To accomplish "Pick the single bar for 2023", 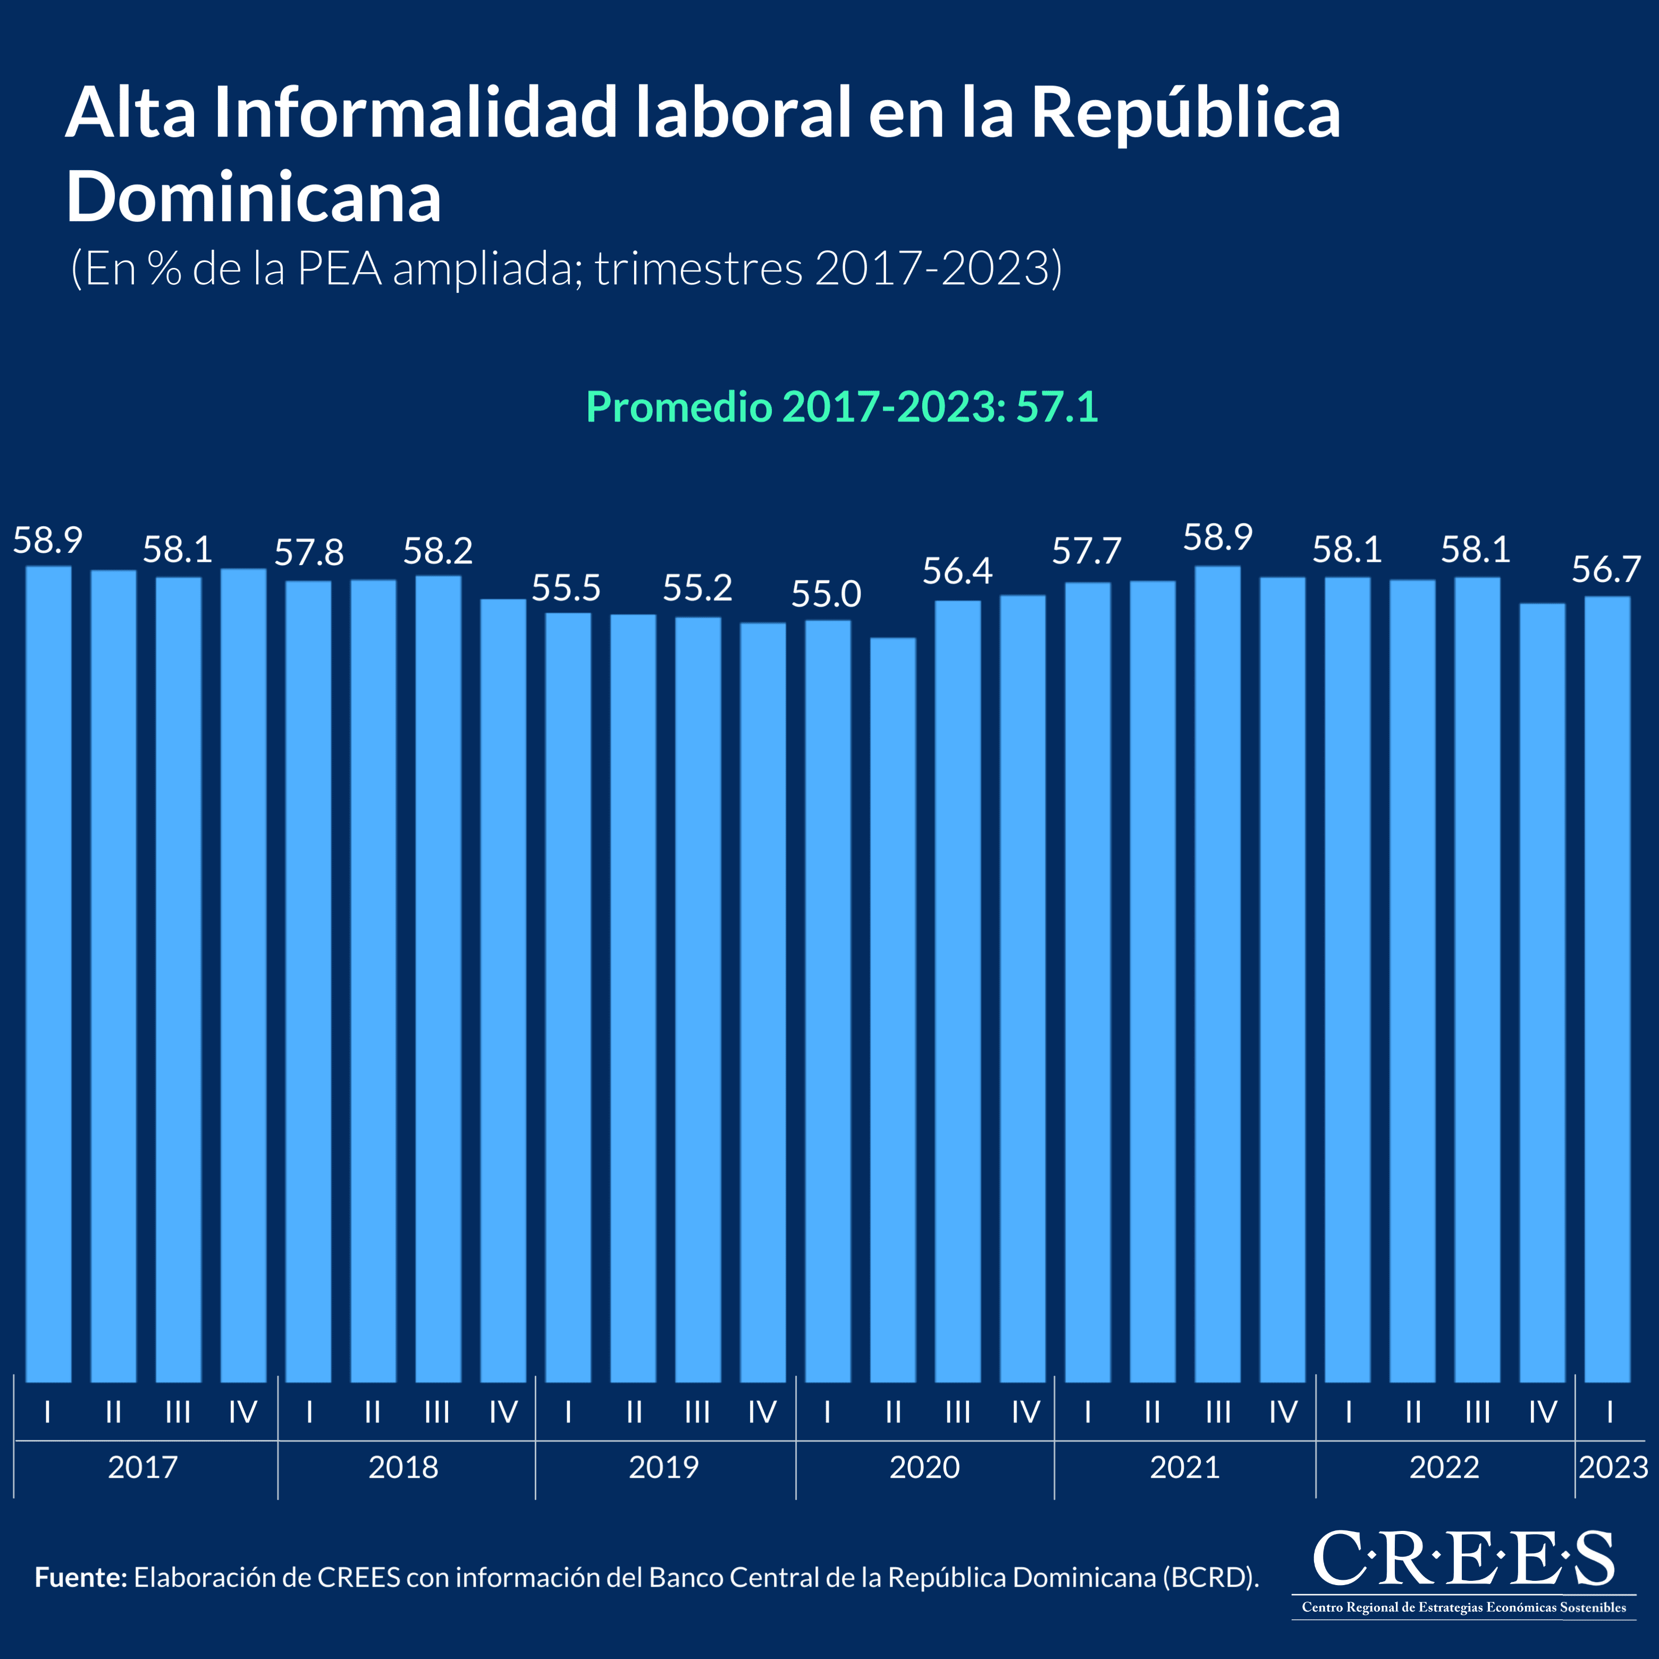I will [x=1606, y=988].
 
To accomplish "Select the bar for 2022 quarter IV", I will [x=1542, y=992].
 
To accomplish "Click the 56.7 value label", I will [x=1606, y=569].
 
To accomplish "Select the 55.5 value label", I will [x=566, y=588].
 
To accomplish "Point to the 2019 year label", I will [x=664, y=1467].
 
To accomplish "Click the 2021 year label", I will [x=1185, y=1467].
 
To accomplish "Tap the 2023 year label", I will [x=1613, y=1467].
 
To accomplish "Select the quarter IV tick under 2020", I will [x=1025, y=1412].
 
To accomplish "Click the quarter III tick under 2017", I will [x=178, y=1412].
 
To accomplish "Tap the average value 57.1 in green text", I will [x=1057, y=407].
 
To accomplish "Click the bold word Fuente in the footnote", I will [x=81, y=1578].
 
